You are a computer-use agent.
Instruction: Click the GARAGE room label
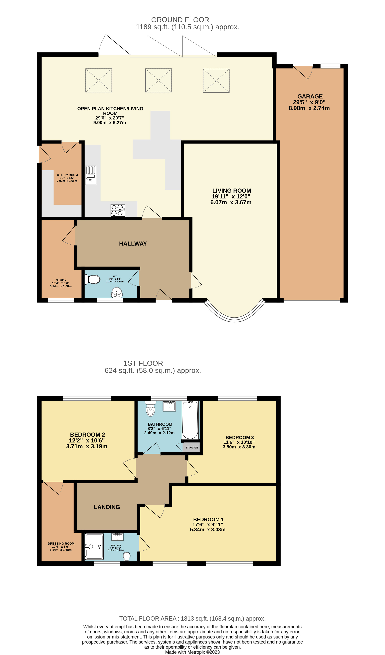(x=310, y=96)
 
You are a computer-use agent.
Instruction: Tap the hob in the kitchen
(x=118, y=210)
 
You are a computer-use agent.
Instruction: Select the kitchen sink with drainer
(x=91, y=175)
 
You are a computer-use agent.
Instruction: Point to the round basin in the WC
(x=117, y=292)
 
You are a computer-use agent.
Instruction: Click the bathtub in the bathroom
(x=190, y=420)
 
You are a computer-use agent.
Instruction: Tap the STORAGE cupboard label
(x=192, y=448)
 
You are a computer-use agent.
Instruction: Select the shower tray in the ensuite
(x=94, y=546)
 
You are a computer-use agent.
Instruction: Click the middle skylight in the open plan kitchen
(x=159, y=80)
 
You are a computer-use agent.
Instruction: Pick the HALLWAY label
(x=133, y=243)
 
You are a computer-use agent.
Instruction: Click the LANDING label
(x=107, y=507)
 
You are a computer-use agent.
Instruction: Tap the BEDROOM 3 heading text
(x=240, y=438)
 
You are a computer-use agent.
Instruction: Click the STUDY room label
(x=61, y=280)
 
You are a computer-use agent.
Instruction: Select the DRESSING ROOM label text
(x=61, y=544)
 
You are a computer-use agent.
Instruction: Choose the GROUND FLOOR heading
(x=180, y=20)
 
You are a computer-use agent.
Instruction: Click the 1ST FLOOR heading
(x=143, y=363)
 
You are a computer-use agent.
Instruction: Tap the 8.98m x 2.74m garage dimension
(x=309, y=108)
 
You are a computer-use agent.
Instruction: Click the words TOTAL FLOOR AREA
(x=148, y=619)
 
